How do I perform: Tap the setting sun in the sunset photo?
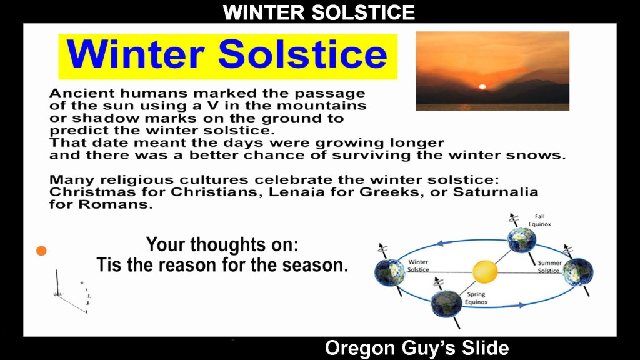tap(482, 86)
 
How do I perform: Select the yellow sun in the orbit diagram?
tap(485, 271)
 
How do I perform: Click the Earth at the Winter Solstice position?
tap(389, 272)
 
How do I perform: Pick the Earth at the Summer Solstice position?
tap(578, 272)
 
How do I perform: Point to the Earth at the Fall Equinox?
tap(522, 240)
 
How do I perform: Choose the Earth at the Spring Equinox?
tap(446, 304)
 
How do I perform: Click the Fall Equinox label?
tap(539, 220)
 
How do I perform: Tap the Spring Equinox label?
tap(476, 298)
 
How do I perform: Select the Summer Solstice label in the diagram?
tap(549, 266)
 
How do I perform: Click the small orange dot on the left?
tap(41, 251)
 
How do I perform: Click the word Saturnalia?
tap(496, 192)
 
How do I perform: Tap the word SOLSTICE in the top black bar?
tap(363, 12)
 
